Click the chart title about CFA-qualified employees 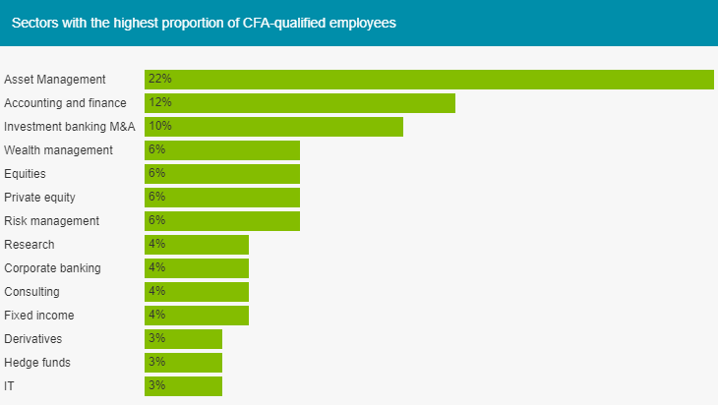point(204,23)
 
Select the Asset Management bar point(429,80)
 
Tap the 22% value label point(159,79)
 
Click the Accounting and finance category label point(66,103)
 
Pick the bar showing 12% point(300,103)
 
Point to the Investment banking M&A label point(70,127)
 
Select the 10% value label point(159,126)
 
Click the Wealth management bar point(222,150)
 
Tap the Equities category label point(26,174)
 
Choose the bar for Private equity point(222,198)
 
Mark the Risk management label point(51,221)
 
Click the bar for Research point(197,245)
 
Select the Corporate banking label point(53,268)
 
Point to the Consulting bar point(197,292)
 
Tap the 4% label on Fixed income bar point(156,315)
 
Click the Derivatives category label point(33,339)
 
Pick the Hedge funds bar point(184,363)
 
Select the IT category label point(10,386)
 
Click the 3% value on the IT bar point(156,385)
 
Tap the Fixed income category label point(39,316)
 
